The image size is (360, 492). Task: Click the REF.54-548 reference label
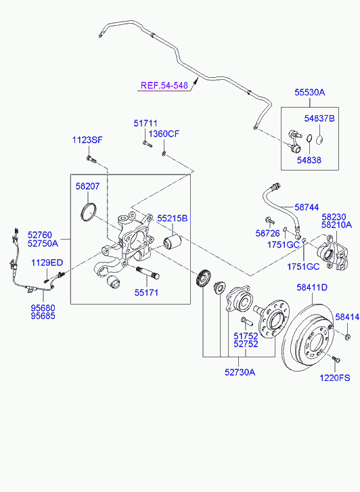(164, 85)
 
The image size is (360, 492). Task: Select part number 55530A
(309, 92)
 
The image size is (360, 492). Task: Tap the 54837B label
(319, 118)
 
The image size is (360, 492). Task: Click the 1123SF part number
(87, 140)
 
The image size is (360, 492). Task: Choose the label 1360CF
(164, 134)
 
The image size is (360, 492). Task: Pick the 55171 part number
(146, 293)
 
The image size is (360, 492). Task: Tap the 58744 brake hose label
(307, 207)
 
